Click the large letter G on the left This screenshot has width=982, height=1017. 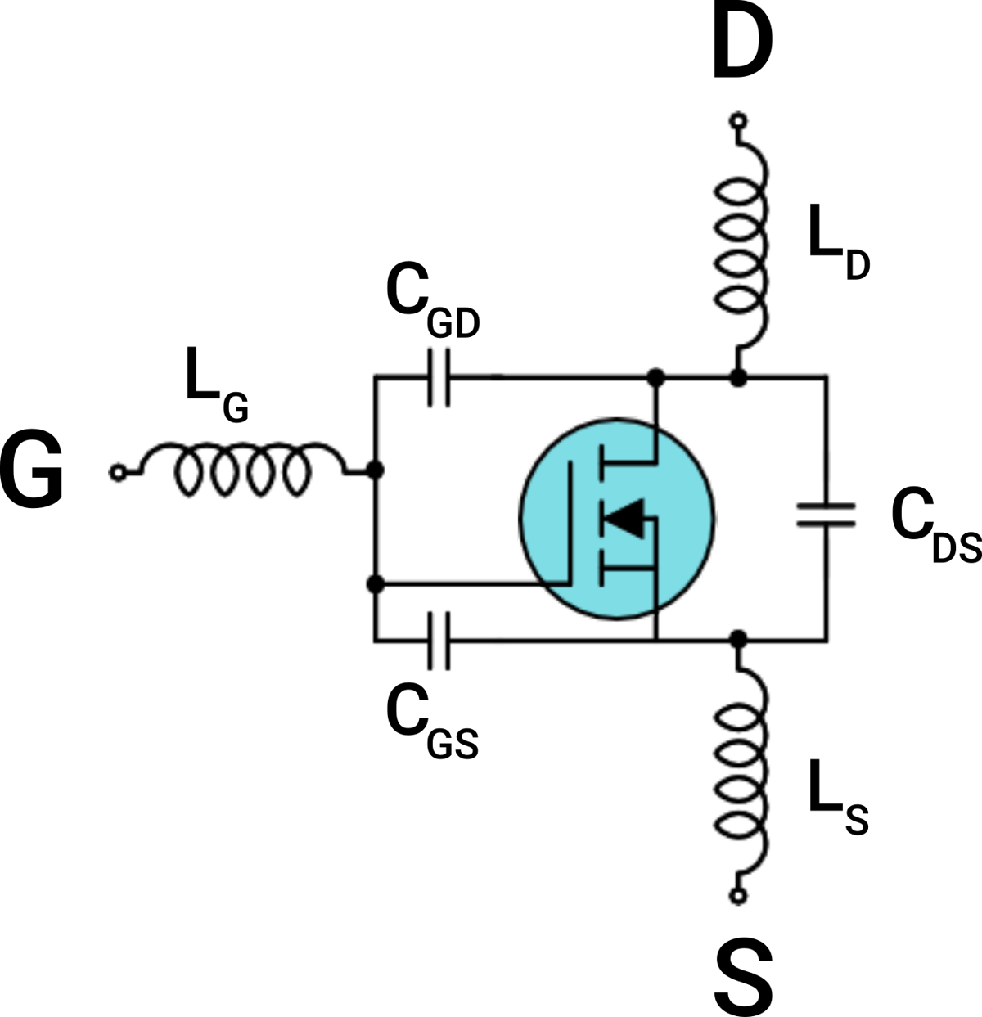click(x=33, y=472)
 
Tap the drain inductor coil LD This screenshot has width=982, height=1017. click(x=742, y=245)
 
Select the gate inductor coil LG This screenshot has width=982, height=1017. click(x=241, y=472)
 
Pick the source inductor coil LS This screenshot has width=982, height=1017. click(x=742, y=769)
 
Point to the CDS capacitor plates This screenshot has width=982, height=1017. click(x=827, y=515)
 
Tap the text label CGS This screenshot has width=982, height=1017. click(x=431, y=724)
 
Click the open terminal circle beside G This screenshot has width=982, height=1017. click(x=118, y=472)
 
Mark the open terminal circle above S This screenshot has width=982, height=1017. click(x=738, y=897)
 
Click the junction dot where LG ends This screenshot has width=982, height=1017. click(x=376, y=471)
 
